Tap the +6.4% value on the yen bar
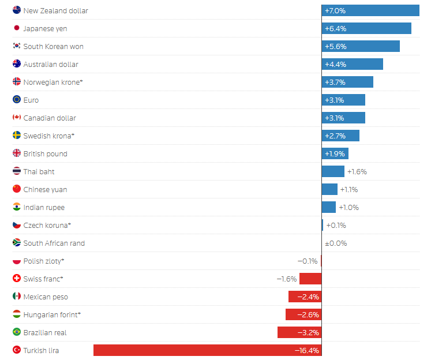coord(335,28)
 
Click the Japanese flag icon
coord(17,28)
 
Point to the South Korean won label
coord(53,46)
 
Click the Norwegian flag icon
coord(17,82)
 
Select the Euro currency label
coord(31,100)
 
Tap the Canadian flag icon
coord(17,118)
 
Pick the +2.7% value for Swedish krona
coord(335,136)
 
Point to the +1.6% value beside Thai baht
coord(357,171)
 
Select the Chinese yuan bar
coord(329,189)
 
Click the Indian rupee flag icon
coord(17,207)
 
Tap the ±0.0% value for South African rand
coord(336,243)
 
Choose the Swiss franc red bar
coord(310,279)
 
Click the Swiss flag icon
coord(17,279)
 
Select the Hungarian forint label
coord(52,314)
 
